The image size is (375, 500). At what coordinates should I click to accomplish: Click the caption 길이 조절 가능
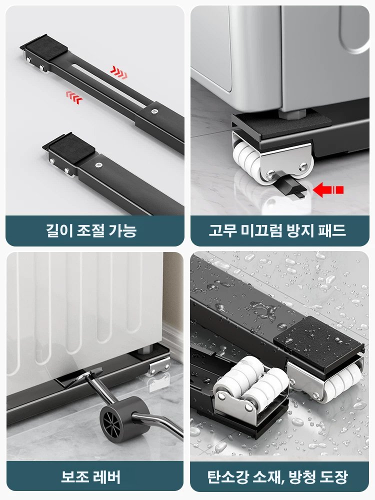(x=95, y=230)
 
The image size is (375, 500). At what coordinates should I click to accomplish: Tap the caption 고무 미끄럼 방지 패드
(x=280, y=230)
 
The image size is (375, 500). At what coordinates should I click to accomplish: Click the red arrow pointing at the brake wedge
(x=328, y=189)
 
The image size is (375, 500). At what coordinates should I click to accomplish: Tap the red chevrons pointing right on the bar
(x=118, y=73)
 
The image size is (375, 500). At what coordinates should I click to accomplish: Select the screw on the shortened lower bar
(x=99, y=163)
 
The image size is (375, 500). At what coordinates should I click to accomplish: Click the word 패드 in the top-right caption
(x=332, y=230)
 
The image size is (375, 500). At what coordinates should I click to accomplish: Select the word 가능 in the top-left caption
(x=122, y=230)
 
